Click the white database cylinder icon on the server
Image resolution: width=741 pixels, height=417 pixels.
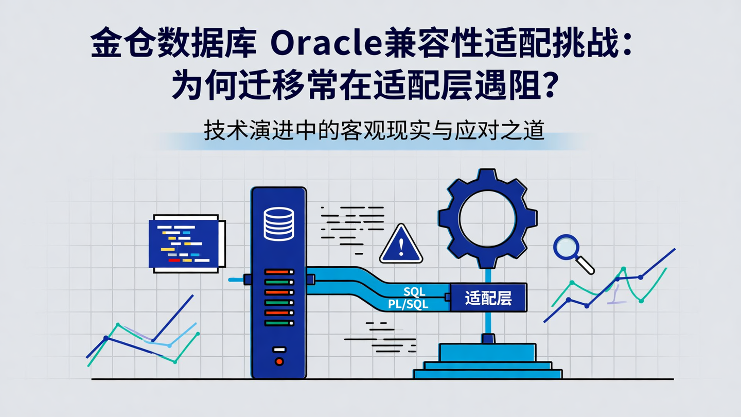tap(278, 223)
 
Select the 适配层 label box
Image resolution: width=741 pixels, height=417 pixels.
tap(488, 298)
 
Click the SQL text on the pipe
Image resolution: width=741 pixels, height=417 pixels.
tap(414, 292)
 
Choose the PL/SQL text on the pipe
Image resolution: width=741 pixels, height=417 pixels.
tap(408, 305)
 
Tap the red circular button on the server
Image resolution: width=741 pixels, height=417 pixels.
tap(279, 361)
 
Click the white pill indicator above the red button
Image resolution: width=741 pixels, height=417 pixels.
tap(279, 350)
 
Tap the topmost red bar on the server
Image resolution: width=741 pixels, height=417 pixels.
tap(278, 271)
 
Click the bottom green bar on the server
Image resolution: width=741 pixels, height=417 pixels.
tap(278, 323)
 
